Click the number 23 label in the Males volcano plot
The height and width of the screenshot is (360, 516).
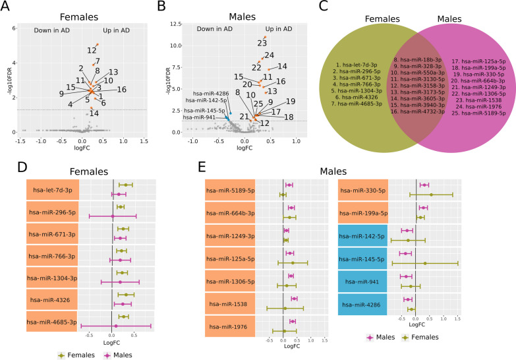point(262,44)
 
